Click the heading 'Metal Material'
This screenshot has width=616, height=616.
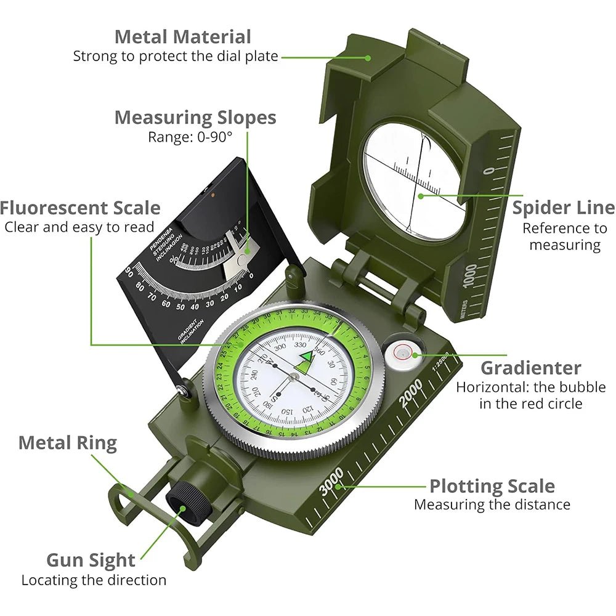point(182,37)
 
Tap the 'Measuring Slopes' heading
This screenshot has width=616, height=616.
point(195,117)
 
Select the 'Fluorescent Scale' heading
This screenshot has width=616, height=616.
point(80,208)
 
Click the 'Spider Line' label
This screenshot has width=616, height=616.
point(563,208)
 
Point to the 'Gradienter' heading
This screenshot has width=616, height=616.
point(530,368)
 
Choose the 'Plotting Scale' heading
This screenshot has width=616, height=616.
point(492,486)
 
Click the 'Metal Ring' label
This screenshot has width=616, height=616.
point(67,442)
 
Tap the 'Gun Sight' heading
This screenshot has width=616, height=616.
point(91,560)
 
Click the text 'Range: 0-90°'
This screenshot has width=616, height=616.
point(190,137)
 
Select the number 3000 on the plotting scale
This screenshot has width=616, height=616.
point(331,481)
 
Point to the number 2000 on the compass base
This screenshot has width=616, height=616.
point(411,393)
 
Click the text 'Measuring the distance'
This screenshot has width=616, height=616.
point(492,505)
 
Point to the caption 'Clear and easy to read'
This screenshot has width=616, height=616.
point(79,227)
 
